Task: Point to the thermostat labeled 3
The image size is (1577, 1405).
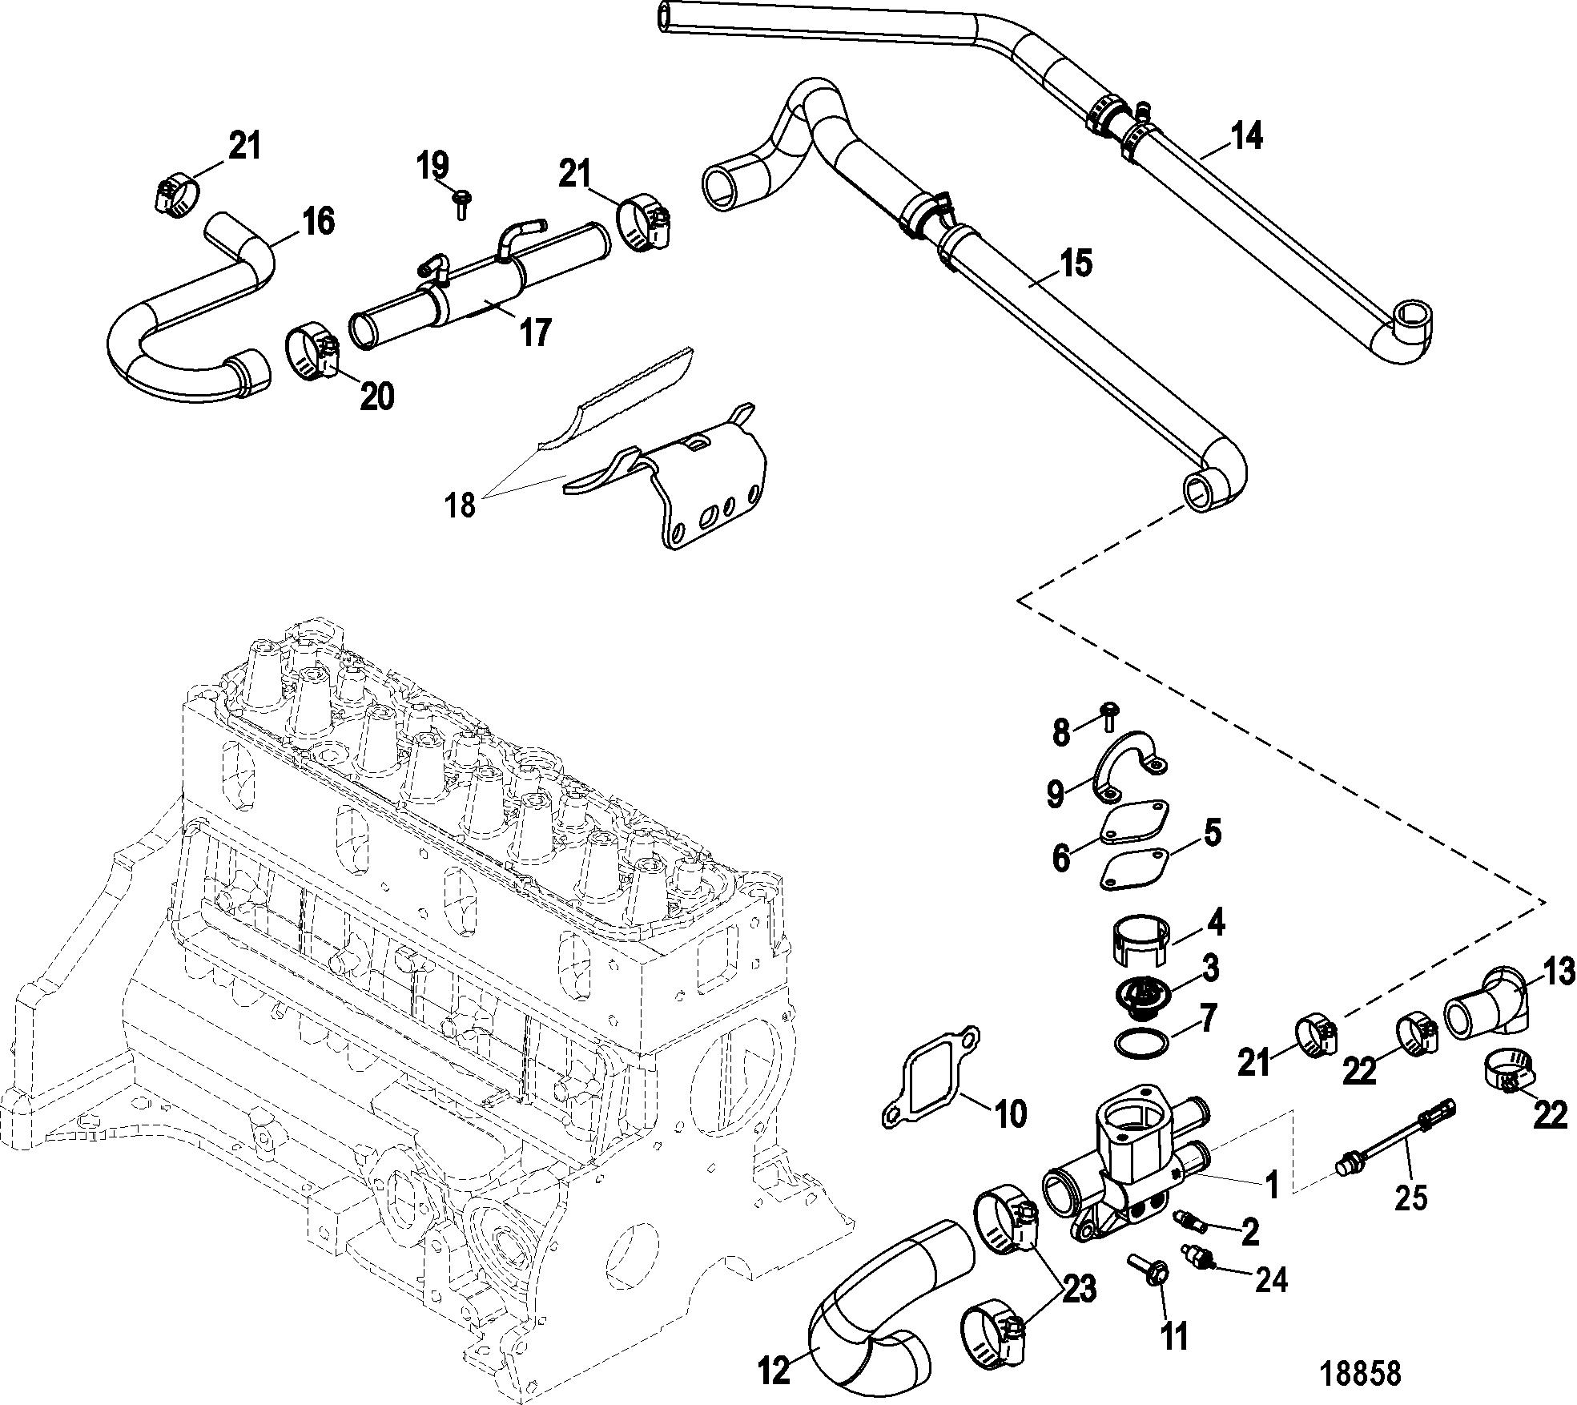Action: [1141, 999]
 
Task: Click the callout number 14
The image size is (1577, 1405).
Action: [1247, 137]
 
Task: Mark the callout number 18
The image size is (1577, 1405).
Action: [462, 505]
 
